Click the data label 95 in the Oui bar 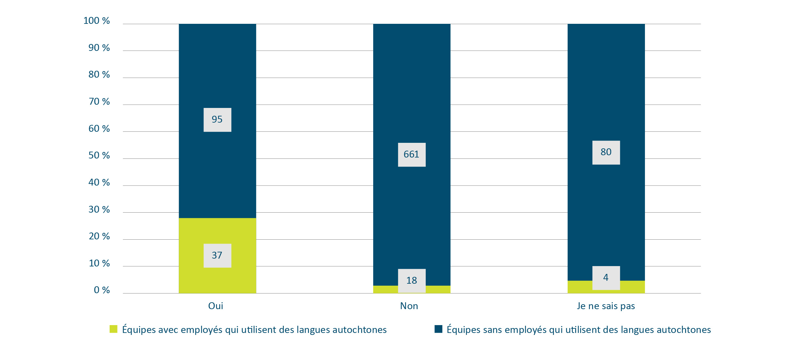click(x=217, y=120)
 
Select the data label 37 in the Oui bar click(x=217, y=256)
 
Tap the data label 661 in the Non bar click(x=411, y=155)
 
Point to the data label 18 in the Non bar click(x=411, y=280)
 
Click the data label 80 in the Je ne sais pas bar click(x=606, y=152)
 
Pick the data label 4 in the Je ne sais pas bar click(x=606, y=278)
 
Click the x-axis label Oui click(x=216, y=306)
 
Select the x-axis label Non click(x=409, y=306)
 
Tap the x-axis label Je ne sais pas click(x=606, y=306)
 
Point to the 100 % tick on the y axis click(x=97, y=21)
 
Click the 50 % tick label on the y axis click(x=99, y=156)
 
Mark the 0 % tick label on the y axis click(x=102, y=290)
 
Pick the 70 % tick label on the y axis click(x=99, y=102)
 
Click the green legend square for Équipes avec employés click(x=113, y=329)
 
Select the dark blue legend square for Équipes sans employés click(x=438, y=329)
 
